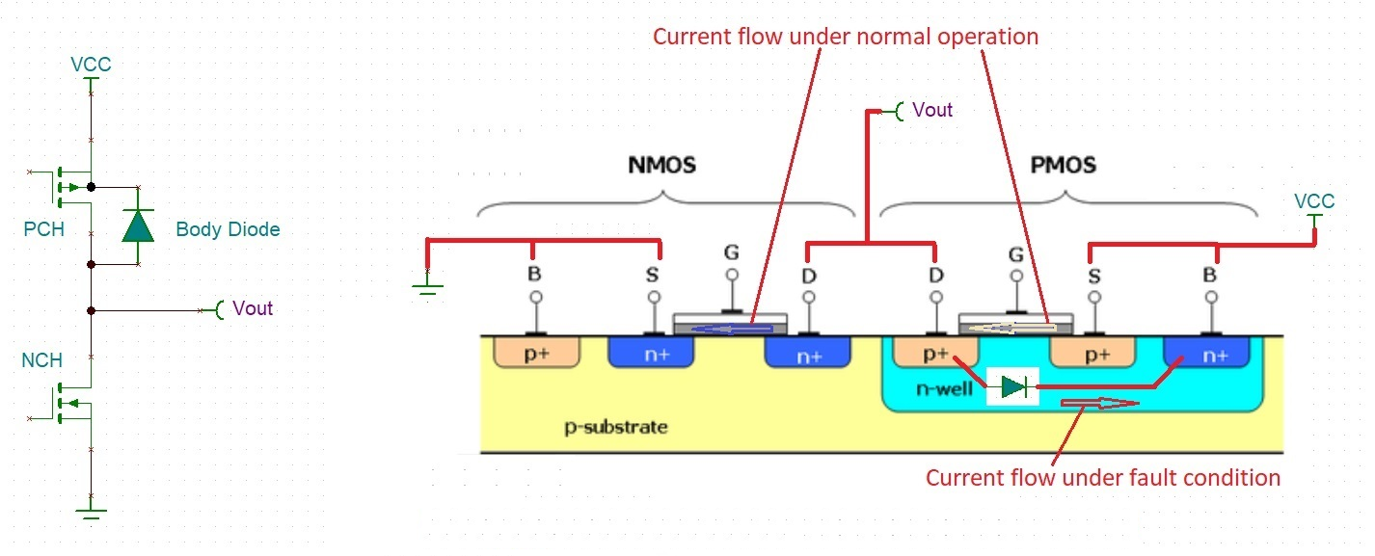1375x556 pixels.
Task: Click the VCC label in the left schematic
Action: (91, 65)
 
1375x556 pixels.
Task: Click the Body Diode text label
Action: (228, 229)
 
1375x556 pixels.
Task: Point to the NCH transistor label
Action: (42, 360)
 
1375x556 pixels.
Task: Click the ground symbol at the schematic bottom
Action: (91, 512)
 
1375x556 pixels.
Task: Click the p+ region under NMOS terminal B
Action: (536, 353)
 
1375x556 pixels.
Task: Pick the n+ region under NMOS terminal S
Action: (652, 353)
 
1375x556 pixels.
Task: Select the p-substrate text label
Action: (615, 426)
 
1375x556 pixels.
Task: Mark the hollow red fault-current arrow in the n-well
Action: (1099, 404)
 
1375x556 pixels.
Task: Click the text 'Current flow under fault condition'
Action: (1103, 477)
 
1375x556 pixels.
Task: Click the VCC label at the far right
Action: (1314, 201)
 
